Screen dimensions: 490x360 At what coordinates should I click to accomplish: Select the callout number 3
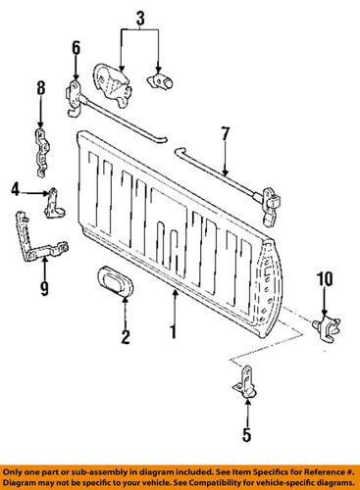click(139, 17)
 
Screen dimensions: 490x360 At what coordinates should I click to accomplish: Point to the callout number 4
click(17, 188)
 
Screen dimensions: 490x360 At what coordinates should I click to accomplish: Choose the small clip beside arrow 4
click(56, 203)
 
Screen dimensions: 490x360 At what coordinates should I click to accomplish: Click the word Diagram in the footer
click(26, 481)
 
